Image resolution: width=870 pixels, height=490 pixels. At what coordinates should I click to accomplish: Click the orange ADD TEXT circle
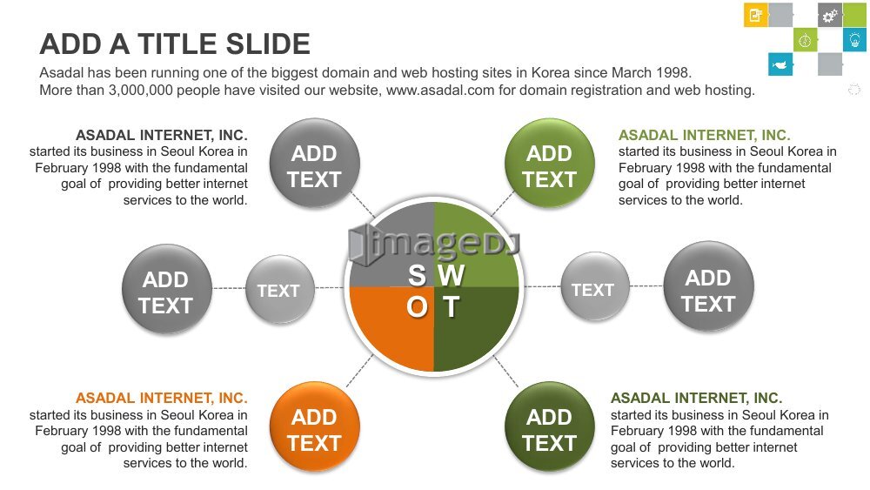pos(315,426)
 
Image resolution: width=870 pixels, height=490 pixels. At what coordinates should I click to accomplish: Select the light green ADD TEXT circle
pos(549,163)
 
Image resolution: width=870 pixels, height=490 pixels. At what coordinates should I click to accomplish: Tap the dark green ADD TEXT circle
pos(549,426)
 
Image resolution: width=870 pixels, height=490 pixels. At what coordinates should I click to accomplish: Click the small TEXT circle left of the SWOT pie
pos(279,289)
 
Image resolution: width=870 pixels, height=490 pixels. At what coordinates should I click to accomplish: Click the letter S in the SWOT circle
pos(417,275)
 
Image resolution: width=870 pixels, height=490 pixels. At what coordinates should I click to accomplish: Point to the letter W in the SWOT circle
pos(451,275)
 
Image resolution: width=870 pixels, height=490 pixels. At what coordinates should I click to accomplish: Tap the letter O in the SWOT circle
pos(418,307)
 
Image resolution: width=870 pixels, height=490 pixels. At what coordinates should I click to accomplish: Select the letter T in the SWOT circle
pos(451,307)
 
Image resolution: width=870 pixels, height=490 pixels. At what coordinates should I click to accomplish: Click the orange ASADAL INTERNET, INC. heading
pos(162,398)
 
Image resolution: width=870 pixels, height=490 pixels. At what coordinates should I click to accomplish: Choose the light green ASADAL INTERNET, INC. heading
pos(704,135)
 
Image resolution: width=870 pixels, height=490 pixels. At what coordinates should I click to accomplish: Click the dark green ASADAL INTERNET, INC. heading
pos(696,398)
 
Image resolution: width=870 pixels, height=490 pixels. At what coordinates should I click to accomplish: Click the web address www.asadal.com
pos(440,90)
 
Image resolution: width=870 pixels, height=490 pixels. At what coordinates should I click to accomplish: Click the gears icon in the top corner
pos(829,16)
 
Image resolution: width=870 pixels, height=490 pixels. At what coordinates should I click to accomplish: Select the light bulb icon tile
pos(854,40)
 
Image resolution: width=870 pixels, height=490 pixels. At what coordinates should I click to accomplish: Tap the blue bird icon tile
pos(780,64)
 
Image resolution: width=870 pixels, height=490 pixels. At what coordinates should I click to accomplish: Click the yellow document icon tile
pos(756,15)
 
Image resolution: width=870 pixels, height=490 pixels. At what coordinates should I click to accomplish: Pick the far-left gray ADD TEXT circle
pos(167,289)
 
